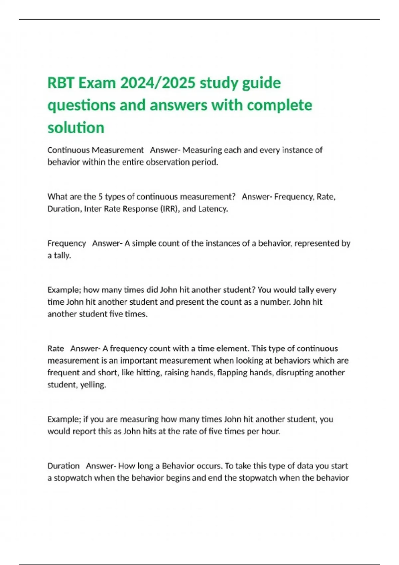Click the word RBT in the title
pos(61,83)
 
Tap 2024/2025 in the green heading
pos(158,83)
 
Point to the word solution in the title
pos(76,127)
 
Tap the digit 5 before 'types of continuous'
pos(100,197)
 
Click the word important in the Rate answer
pos(138,361)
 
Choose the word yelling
pos(93,385)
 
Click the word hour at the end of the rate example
pos(270,431)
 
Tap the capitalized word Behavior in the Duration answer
pos(175,466)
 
